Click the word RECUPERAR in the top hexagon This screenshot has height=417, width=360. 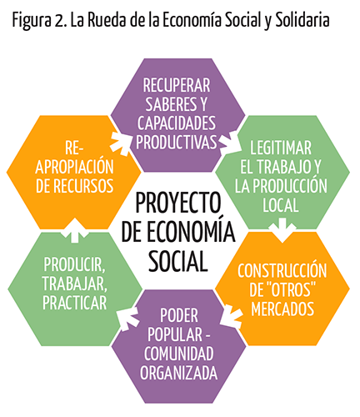[x=177, y=85]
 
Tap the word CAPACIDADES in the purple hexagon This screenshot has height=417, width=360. [x=177, y=123]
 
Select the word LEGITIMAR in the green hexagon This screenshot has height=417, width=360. [x=281, y=148]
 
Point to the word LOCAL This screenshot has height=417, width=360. [x=281, y=205]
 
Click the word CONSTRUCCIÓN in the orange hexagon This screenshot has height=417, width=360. [x=282, y=270]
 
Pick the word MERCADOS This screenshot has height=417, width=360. [x=282, y=309]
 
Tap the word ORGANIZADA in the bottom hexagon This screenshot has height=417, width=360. [x=178, y=373]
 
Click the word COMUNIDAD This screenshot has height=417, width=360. [x=178, y=354]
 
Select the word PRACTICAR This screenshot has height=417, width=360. [x=75, y=303]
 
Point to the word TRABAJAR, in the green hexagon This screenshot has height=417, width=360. [x=75, y=284]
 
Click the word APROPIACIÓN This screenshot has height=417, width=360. [x=74, y=166]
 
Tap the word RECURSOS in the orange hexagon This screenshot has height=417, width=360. [x=83, y=186]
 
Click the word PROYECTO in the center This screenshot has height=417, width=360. [x=178, y=203]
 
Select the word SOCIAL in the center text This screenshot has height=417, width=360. [x=178, y=261]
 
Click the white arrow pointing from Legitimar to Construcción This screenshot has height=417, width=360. [x=282, y=230]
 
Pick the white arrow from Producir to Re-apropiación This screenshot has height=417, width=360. [x=74, y=230]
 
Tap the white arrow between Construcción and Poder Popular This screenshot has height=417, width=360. [x=232, y=316]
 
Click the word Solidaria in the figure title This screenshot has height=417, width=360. [x=302, y=21]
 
